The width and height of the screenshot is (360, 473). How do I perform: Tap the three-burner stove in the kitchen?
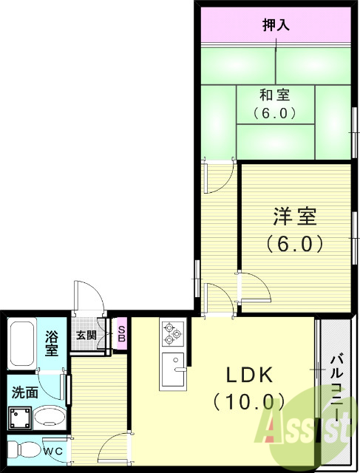pyautogui.click(x=172, y=333)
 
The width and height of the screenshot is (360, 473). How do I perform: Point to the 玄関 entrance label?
pyautogui.click(x=86, y=335)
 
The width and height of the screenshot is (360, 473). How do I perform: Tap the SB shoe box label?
pyautogui.click(x=121, y=334)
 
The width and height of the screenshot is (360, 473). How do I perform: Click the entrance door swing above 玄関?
pyautogui.click(x=87, y=296)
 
